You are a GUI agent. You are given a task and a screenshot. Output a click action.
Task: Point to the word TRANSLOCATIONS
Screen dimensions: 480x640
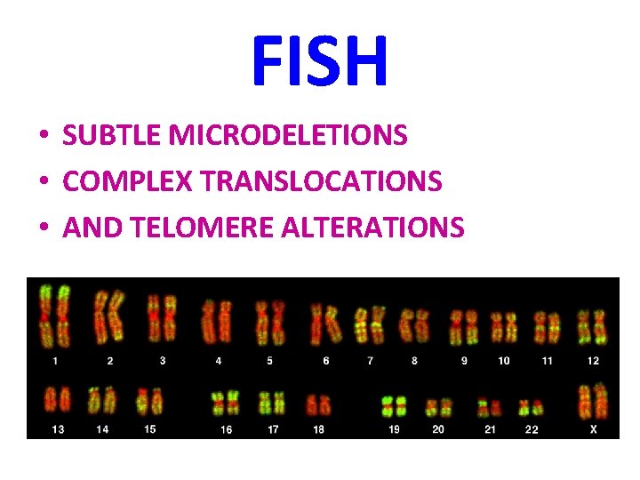[x=322, y=181]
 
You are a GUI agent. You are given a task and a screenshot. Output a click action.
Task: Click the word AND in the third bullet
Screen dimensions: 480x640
[x=93, y=228]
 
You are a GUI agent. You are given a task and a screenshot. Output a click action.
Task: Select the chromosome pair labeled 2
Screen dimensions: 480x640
[x=109, y=318]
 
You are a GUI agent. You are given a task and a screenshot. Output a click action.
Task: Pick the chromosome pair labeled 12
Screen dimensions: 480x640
[x=592, y=327]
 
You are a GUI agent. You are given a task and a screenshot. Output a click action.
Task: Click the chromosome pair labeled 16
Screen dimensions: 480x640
[x=226, y=404]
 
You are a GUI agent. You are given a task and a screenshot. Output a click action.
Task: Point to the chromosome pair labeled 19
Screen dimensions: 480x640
[x=393, y=407]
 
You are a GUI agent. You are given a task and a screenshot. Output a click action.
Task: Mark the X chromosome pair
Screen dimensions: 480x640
[x=593, y=401]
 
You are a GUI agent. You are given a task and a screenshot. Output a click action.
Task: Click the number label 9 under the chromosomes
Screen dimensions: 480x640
[x=464, y=361]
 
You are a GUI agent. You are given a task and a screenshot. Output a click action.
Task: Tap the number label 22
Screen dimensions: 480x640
[x=532, y=429]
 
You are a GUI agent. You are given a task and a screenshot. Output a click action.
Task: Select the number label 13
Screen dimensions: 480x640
[x=59, y=429]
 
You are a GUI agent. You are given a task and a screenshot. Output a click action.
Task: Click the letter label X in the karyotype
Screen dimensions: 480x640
[x=593, y=429]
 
